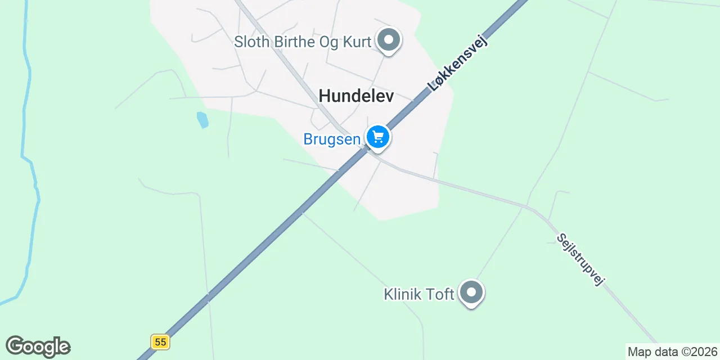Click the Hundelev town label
(356, 96)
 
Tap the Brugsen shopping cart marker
(378, 137)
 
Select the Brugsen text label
(332, 139)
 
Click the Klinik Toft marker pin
(471, 293)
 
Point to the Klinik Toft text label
(419, 294)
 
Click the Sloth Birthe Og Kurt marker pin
(388, 41)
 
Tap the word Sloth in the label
(251, 42)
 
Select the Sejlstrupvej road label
(580, 259)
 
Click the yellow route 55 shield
(160, 341)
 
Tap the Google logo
(38, 346)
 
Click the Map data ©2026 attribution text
(673, 352)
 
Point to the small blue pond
(202, 119)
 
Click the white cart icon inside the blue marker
(378, 136)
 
